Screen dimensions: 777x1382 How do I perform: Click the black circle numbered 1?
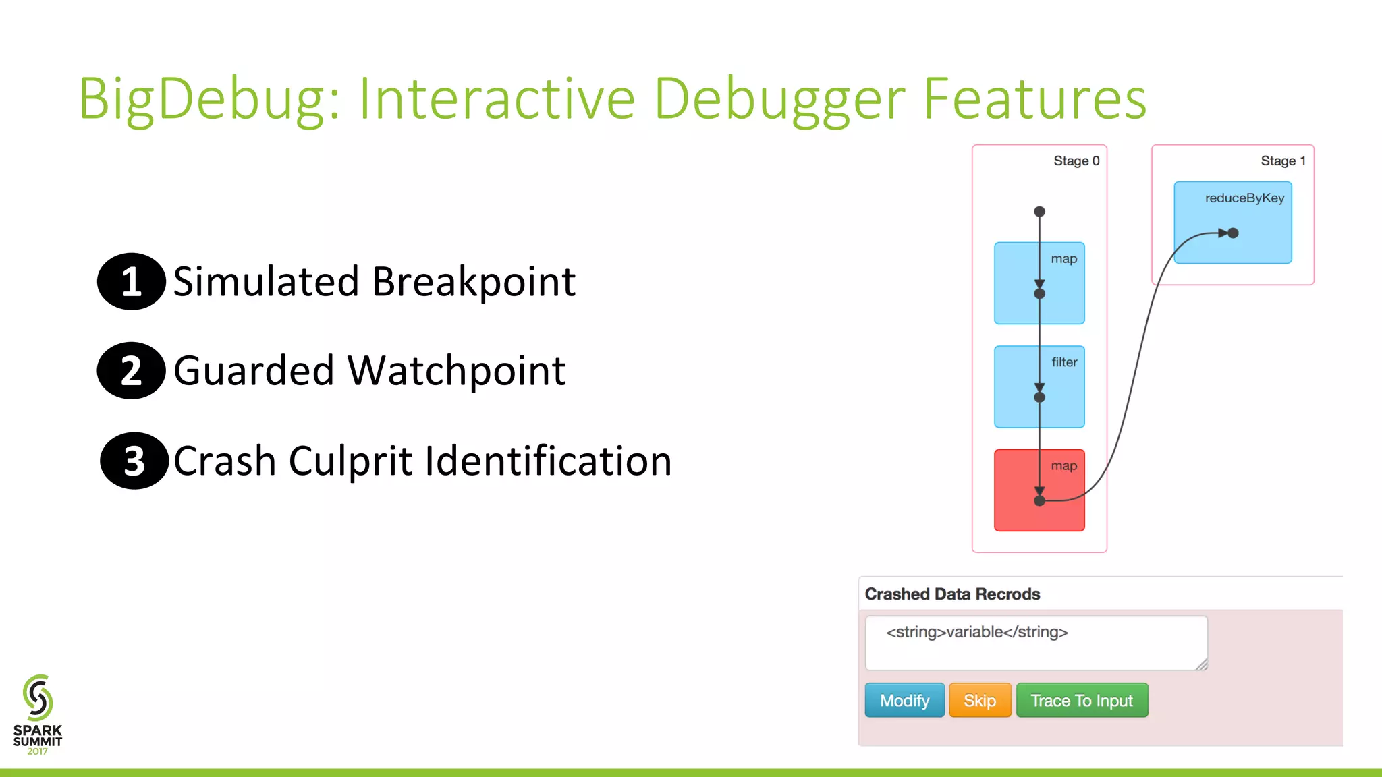132,281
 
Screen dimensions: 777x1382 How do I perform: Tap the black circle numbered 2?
131,370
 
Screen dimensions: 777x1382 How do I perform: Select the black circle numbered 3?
134,461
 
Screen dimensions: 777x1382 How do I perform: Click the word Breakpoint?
474,281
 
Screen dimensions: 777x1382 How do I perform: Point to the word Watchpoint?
457,370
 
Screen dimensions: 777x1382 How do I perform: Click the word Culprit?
350,461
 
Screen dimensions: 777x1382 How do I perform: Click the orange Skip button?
979,700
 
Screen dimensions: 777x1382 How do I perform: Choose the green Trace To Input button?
1081,700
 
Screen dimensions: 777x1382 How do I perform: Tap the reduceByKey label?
1244,198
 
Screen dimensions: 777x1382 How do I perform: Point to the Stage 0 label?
1076,161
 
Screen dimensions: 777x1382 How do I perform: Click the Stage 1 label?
1282,161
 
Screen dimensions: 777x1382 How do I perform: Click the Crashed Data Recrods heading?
952,594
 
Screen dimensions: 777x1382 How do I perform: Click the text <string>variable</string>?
976,632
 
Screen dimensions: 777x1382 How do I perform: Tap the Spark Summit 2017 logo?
38,715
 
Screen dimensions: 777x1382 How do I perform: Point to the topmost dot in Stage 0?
1039,212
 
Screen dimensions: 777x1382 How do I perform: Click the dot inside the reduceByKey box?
1233,233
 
